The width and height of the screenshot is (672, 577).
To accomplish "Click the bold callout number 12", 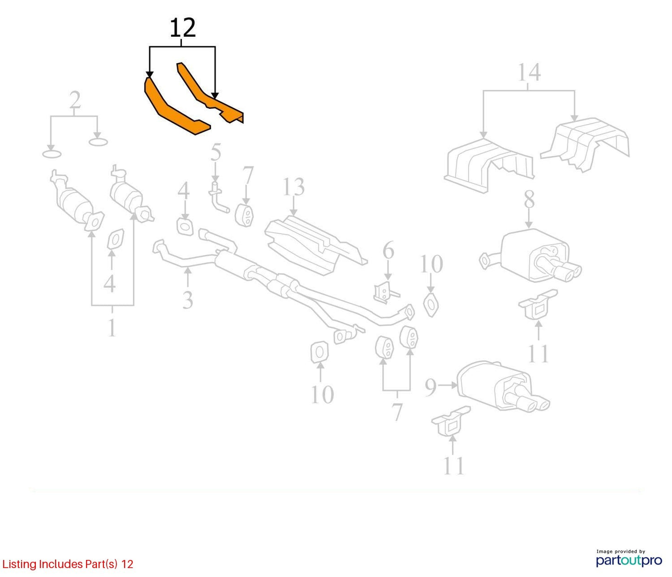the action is click(x=182, y=28).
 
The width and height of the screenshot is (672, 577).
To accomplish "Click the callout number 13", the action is click(x=293, y=187).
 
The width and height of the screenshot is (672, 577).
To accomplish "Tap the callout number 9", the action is click(x=431, y=387).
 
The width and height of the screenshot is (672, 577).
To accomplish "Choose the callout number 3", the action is click(x=187, y=300).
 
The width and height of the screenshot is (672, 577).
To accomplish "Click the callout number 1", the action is click(x=112, y=328).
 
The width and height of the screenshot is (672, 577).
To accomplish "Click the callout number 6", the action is click(x=388, y=250).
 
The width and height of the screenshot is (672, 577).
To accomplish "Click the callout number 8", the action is click(x=529, y=199).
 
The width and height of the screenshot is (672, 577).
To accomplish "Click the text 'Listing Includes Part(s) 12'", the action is click(x=68, y=564).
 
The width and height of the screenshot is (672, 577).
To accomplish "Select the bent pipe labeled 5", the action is click(x=219, y=197).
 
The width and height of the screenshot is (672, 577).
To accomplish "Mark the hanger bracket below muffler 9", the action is click(x=451, y=421).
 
